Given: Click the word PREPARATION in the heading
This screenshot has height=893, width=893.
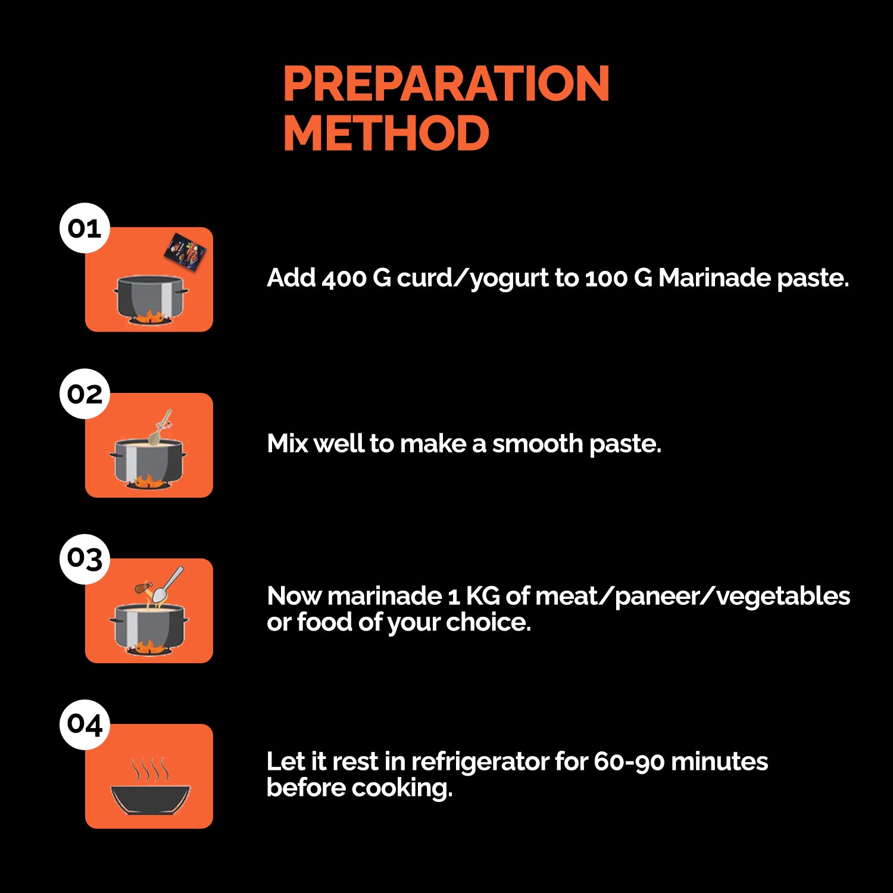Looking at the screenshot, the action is click(446, 83).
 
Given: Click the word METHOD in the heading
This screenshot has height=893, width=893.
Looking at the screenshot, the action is click(386, 133).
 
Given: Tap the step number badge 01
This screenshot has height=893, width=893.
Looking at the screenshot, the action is click(85, 228).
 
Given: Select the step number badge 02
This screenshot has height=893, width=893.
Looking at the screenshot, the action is click(85, 394).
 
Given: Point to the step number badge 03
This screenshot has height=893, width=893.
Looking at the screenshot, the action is click(85, 559).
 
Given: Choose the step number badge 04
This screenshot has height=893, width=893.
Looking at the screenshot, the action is click(85, 725).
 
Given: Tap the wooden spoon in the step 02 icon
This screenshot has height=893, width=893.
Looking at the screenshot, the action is click(160, 427).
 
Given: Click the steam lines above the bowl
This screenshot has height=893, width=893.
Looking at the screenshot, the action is click(150, 769).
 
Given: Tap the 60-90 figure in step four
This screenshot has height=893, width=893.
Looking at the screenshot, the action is click(629, 762).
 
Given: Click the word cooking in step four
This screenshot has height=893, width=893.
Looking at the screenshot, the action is click(402, 788).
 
